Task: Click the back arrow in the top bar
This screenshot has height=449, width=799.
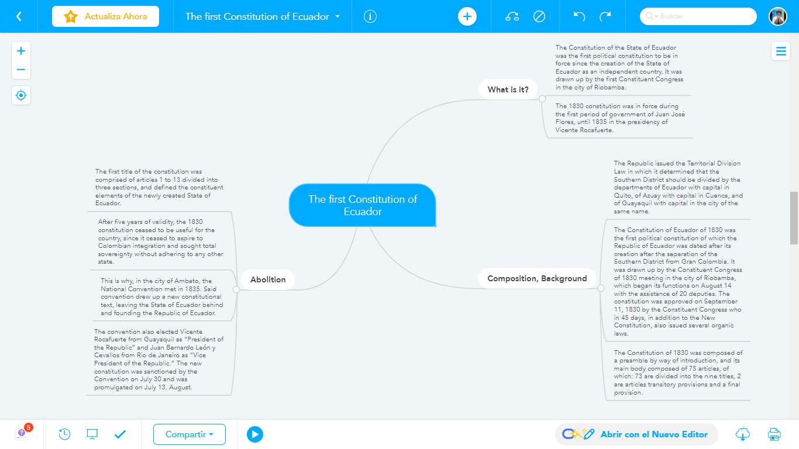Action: (x=19, y=16)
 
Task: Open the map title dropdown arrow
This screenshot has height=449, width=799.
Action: (x=337, y=16)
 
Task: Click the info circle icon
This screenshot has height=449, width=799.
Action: (x=370, y=16)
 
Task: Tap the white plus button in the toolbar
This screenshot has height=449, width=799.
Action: (x=467, y=16)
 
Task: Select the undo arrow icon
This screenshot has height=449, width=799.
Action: (x=579, y=16)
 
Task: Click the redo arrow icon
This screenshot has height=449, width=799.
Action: (x=605, y=16)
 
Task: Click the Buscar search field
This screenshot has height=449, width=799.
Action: (x=702, y=16)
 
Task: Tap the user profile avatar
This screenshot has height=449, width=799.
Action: (x=777, y=16)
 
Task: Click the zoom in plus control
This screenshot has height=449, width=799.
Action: (x=21, y=51)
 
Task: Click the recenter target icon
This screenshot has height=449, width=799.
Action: (x=21, y=95)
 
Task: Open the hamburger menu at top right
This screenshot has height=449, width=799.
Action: (x=781, y=51)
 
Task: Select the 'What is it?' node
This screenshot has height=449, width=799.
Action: (x=508, y=89)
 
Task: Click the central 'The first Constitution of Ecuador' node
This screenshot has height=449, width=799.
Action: (x=363, y=205)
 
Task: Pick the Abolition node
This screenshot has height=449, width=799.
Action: (x=268, y=279)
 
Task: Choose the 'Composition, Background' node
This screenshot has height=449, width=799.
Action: (x=537, y=278)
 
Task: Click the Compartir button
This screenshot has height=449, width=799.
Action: (x=189, y=434)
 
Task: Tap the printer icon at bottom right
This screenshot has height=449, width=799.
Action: (x=774, y=434)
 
